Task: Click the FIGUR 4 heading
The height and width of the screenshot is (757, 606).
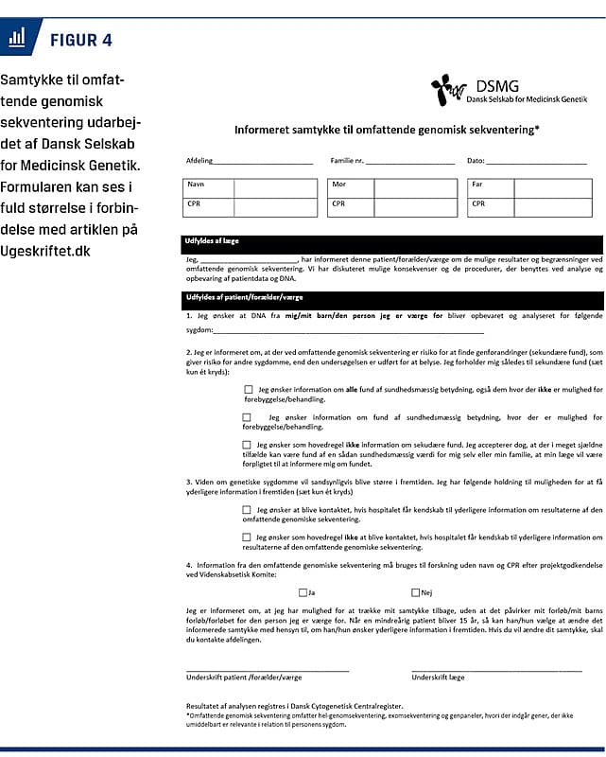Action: click(80, 40)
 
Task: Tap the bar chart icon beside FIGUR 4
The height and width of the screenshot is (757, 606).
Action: click(17, 38)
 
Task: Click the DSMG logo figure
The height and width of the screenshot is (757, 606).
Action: click(448, 90)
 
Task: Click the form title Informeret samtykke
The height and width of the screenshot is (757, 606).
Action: click(387, 129)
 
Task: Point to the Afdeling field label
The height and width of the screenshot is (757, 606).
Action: click(199, 161)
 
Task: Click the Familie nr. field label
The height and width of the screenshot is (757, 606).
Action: click(346, 161)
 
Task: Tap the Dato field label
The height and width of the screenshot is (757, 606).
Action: click(475, 161)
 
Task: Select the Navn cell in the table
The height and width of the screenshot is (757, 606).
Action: click(197, 185)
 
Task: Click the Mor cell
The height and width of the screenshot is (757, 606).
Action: click(339, 185)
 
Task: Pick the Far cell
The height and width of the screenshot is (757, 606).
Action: click(477, 185)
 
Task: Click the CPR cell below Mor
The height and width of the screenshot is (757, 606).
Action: click(339, 203)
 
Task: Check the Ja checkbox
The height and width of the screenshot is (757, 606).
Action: click(302, 593)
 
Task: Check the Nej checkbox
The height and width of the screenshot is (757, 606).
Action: click(416, 593)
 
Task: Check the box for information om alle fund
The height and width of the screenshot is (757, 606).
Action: click(248, 389)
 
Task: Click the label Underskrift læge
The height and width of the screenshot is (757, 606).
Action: click(438, 678)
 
